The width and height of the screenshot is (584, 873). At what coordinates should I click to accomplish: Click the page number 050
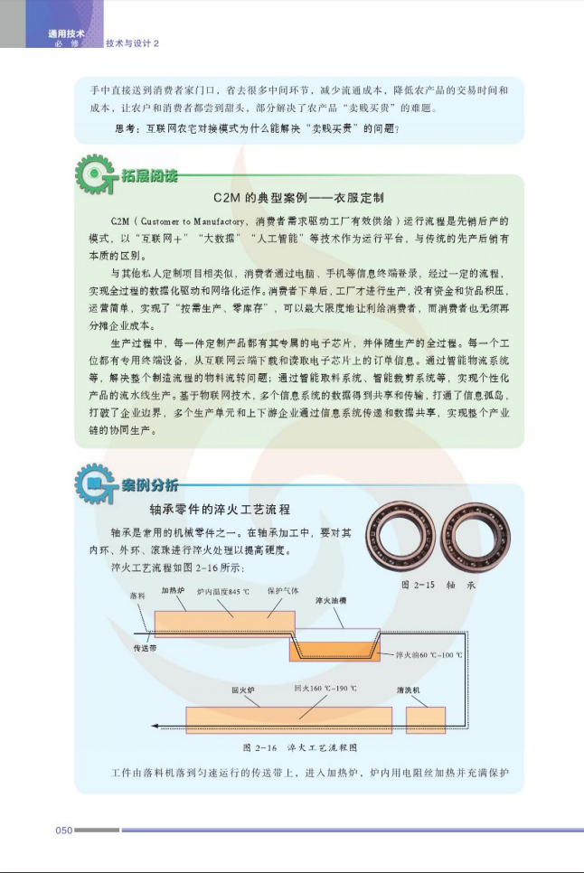[64, 831]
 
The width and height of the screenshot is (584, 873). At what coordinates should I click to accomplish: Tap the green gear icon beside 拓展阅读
[95, 174]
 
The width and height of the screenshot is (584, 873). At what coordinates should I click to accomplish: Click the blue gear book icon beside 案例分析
[95, 483]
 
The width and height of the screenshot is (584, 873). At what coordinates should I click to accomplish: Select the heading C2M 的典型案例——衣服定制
[298, 198]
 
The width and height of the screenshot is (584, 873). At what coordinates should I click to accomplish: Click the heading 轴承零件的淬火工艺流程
[220, 510]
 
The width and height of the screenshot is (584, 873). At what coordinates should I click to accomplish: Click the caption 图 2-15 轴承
[438, 585]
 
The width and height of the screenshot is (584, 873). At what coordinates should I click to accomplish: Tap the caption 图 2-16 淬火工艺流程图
[299, 747]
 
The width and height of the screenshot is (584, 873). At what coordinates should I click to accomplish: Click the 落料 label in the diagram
[137, 596]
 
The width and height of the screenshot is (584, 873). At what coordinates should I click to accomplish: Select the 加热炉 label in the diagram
[174, 590]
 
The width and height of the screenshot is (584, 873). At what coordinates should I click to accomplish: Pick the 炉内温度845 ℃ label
[223, 591]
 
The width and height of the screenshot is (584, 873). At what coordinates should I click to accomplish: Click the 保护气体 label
[283, 591]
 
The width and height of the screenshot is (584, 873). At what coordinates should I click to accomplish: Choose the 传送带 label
[145, 648]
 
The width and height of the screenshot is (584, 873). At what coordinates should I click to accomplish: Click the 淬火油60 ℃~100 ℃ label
[429, 654]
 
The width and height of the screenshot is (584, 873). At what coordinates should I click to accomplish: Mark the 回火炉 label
[243, 690]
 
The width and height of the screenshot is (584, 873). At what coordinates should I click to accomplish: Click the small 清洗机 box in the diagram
[426, 720]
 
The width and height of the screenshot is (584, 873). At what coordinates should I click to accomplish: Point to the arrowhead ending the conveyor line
[155, 726]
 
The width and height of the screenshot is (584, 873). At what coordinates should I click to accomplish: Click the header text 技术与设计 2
[133, 43]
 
